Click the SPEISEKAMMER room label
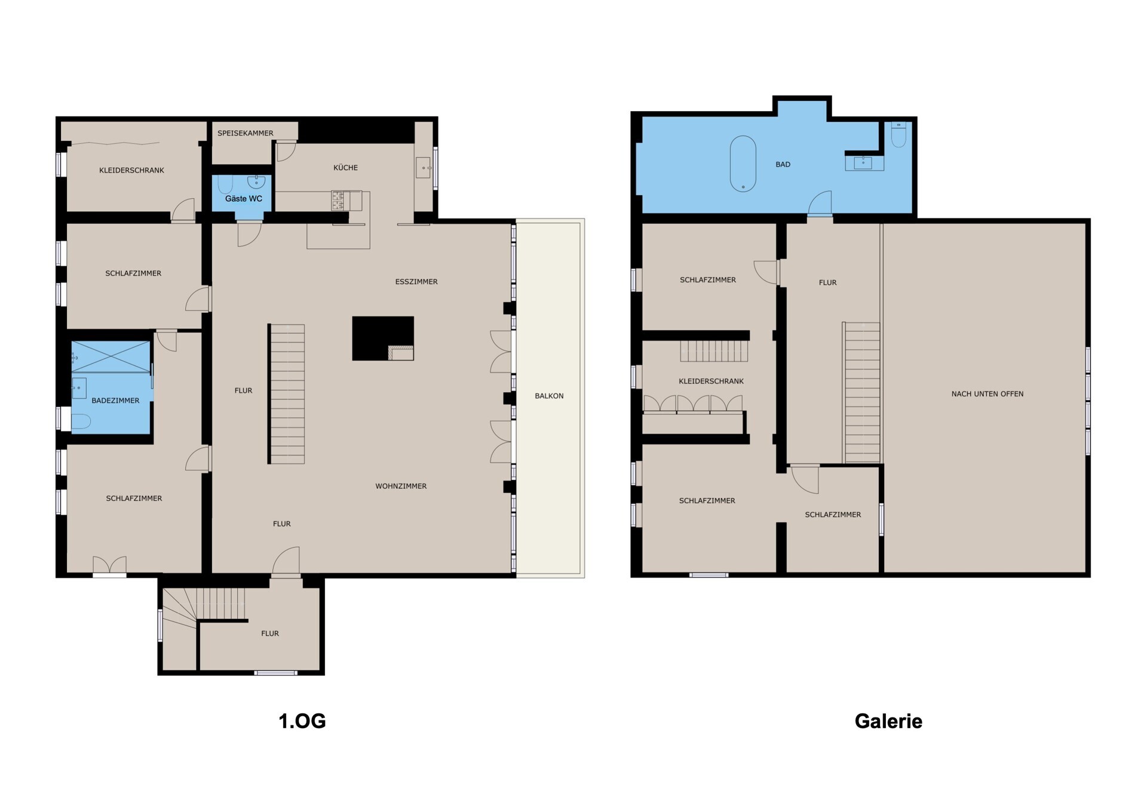click(245, 133)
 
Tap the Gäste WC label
click(243, 199)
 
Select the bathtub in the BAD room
click(743, 164)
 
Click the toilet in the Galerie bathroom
click(898, 135)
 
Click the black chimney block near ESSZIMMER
click(383, 338)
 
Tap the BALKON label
click(549, 396)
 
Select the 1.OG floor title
click(302, 721)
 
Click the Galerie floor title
click(888, 721)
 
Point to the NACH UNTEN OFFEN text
click(987, 394)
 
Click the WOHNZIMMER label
click(401, 486)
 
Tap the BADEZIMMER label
click(115, 401)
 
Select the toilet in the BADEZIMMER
click(81, 422)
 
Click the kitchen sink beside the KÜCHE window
click(424, 168)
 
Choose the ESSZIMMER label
click(416, 282)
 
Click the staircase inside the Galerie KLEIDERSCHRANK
click(714, 351)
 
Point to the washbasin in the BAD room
click(864, 162)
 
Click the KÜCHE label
click(345, 168)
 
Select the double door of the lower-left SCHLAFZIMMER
click(109, 565)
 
